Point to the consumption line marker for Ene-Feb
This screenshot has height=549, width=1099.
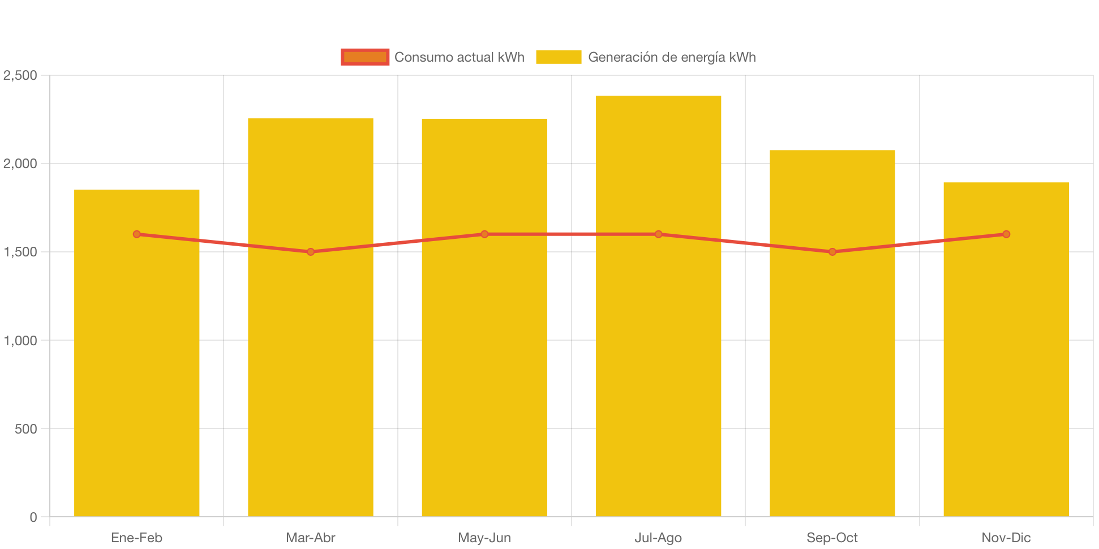click(x=137, y=234)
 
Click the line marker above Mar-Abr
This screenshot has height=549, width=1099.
click(x=311, y=252)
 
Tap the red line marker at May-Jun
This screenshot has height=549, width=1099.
click(x=484, y=234)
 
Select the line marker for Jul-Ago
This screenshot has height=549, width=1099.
click(x=658, y=234)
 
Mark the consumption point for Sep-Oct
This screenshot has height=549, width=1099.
click(x=832, y=252)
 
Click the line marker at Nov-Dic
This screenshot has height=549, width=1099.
click(x=1006, y=234)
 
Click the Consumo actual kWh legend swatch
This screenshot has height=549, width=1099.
click(x=365, y=57)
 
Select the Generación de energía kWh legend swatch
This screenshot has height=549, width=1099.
click(x=559, y=57)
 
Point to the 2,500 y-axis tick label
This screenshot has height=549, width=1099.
click(x=20, y=75)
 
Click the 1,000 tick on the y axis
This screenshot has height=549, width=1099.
click(x=20, y=341)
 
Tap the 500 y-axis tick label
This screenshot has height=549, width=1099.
click(x=26, y=429)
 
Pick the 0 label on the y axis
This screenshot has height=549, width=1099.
click(x=33, y=517)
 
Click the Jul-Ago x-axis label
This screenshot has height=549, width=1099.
click(x=658, y=538)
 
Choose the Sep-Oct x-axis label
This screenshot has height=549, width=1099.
click(x=832, y=538)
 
